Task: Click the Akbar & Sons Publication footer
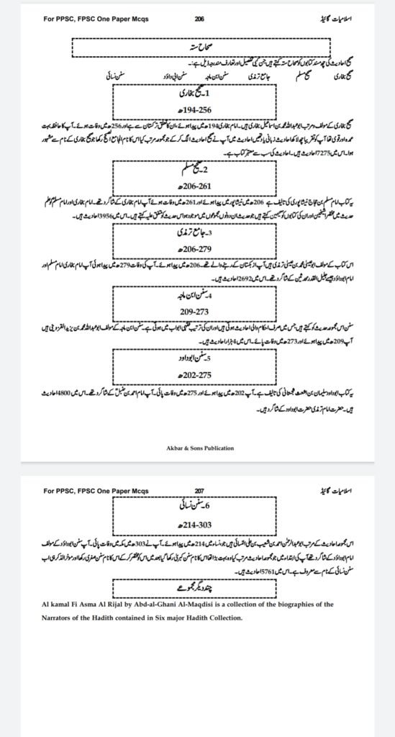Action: click(x=198, y=448)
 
